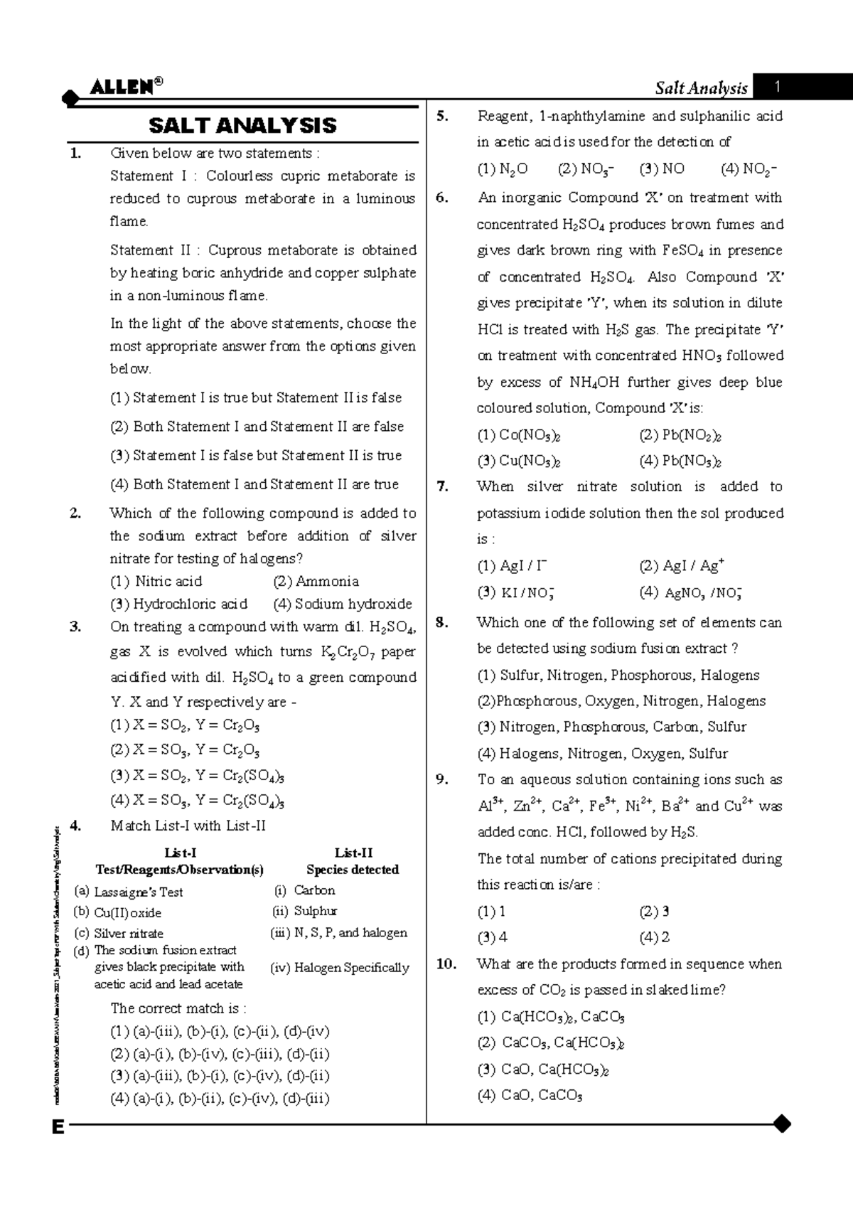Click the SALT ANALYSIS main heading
242,126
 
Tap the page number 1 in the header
778,87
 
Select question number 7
443,487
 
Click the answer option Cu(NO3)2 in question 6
519,461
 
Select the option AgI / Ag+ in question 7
681,566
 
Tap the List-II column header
353,853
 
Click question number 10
445,965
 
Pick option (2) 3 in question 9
654,912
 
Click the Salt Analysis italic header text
701,88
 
